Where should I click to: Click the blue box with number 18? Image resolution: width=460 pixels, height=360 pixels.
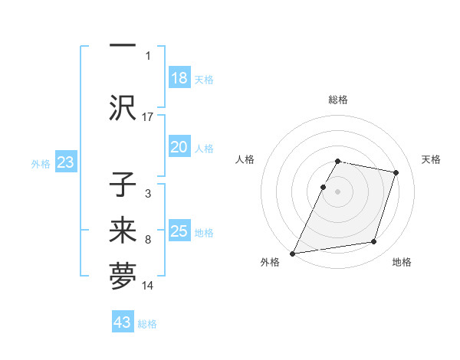point(179,78)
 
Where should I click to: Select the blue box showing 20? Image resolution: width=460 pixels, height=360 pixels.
point(179,148)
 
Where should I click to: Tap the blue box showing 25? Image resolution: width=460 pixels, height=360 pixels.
point(179,231)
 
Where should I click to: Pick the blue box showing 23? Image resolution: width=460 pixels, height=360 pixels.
point(65,162)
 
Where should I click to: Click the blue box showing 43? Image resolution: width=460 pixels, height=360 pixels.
point(123,322)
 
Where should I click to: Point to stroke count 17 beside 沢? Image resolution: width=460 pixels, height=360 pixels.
point(148,117)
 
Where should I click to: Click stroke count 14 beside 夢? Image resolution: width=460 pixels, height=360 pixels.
point(148,286)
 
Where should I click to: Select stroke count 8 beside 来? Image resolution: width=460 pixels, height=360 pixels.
point(148,240)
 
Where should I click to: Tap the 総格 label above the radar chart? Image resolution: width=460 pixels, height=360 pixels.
point(338,100)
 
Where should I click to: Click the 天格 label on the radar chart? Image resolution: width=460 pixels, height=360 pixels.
point(432,159)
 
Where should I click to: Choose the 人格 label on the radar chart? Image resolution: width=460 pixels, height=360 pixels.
point(245,159)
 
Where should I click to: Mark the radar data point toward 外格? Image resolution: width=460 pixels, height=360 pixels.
point(293,254)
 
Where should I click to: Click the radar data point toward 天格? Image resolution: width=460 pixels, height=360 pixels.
point(396,173)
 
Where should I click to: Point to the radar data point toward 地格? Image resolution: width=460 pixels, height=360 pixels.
point(374,242)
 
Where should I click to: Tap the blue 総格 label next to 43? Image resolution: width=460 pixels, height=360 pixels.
point(147,324)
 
